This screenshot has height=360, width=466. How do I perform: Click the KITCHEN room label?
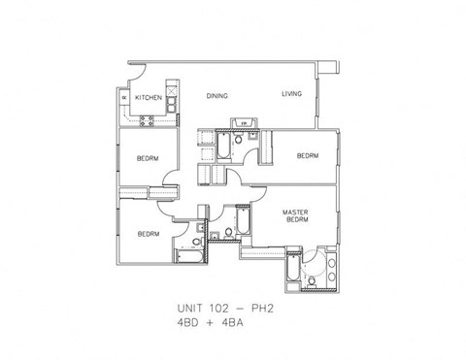tap(149, 97)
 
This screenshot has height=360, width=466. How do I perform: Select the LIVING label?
tap(292, 94)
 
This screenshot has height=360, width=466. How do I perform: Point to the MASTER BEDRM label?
tap(296, 215)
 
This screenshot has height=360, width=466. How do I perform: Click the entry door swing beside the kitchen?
tap(136, 73)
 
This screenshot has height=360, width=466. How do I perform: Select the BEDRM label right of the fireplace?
tap(308, 156)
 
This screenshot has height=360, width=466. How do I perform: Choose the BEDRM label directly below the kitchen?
tap(148, 158)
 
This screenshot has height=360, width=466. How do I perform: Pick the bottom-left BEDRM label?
tap(148, 234)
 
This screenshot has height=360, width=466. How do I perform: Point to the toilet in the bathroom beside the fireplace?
tap(239, 143)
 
